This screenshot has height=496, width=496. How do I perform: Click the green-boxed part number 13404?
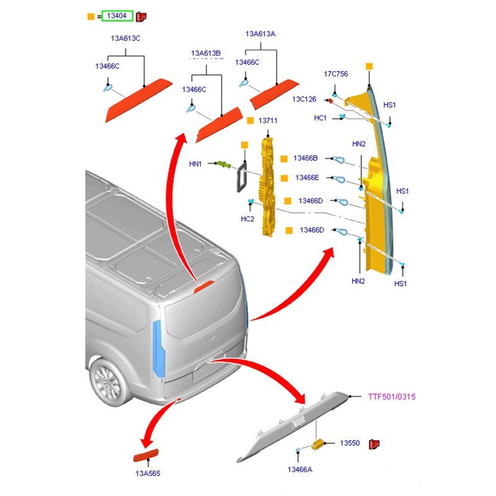click(x=117, y=16)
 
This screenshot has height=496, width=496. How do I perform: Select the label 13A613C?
click(x=125, y=38)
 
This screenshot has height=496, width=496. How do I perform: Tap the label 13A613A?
click(x=260, y=34)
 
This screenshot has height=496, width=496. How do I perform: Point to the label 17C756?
click(x=336, y=74)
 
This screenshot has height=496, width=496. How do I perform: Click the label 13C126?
click(x=304, y=99)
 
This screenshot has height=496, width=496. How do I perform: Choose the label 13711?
click(x=268, y=120)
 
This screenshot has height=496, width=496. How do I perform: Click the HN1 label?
click(x=195, y=164)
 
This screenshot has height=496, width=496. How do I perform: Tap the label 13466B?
click(x=306, y=159)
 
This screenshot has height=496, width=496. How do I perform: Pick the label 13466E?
click(x=307, y=178)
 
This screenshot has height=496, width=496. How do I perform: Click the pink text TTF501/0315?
click(x=392, y=396)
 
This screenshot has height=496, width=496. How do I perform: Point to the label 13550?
click(x=350, y=443)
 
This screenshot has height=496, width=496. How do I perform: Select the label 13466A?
click(x=299, y=470)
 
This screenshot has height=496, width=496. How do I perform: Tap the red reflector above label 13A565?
click(x=147, y=458)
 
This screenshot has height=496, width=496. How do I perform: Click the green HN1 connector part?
click(x=223, y=164)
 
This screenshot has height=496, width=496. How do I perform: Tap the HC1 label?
click(x=321, y=118)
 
